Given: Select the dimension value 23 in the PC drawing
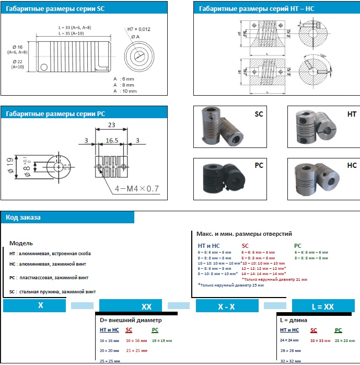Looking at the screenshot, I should point(111,126).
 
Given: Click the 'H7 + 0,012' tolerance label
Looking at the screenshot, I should point(138,29).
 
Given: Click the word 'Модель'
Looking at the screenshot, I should point(21,243).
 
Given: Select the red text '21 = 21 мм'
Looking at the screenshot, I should point(136,350).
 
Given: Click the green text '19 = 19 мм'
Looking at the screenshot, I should point(161,340).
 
